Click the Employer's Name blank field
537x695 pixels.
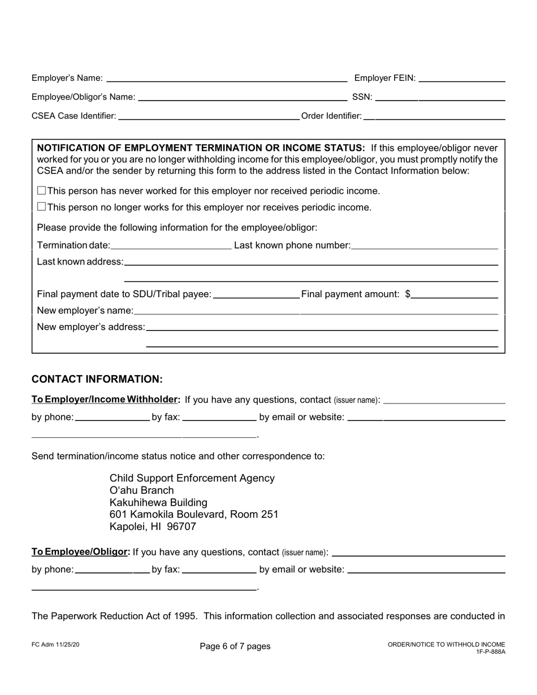(x=227, y=79)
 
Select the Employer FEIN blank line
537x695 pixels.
(x=461, y=79)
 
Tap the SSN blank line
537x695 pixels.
(x=440, y=97)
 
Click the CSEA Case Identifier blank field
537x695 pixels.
(x=209, y=116)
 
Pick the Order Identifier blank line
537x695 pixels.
(x=434, y=116)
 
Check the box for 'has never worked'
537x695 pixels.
(x=41, y=191)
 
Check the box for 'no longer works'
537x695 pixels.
(x=41, y=207)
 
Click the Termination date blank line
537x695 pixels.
(x=171, y=245)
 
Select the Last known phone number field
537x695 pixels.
(x=424, y=245)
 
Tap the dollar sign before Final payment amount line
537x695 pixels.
(x=408, y=294)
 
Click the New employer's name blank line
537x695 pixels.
(x=315, y=311)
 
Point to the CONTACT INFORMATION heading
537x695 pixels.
(x=97, y=379)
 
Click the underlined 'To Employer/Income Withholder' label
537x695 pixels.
(x=106, y=399)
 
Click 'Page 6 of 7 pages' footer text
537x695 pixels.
(x=235, y=646)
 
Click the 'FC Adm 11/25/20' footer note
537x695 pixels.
(x=55, y=644)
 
